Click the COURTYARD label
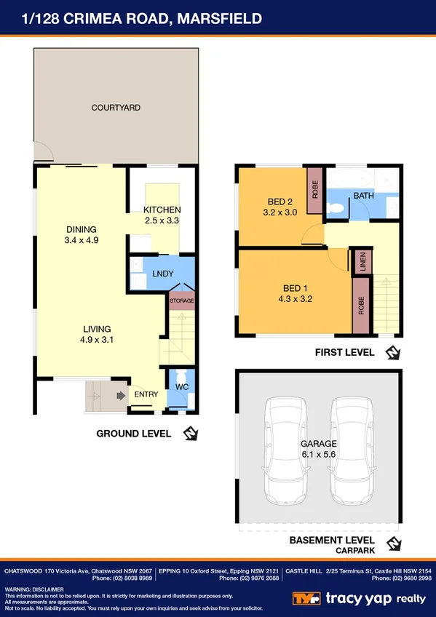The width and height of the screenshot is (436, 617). click(x=116, y=108)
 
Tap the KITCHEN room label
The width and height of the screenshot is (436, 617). click(x=162, y=210)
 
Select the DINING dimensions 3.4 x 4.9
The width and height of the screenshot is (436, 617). click(x=82, y=239)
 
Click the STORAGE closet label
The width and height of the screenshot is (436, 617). click(x=182, y=300)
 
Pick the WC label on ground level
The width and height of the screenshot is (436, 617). click(x=182, y=387)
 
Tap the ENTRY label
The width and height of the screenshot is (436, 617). click(x=146, y=395)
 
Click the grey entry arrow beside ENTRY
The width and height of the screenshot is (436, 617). click(x=119, y=395)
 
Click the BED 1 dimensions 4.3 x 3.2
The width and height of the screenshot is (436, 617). click(x=296, y=298)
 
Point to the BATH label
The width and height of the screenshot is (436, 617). click(x=363, y=196)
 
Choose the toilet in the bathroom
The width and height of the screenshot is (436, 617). click(x=334, y=208)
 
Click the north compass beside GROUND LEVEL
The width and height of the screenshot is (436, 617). click(x=191, y=434)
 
